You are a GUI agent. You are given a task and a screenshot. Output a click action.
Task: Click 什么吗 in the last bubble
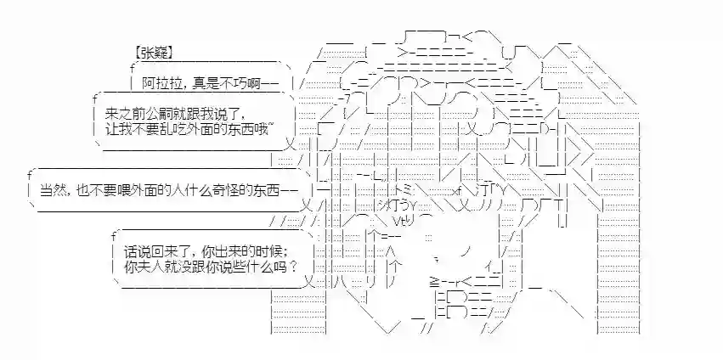click(262, 267)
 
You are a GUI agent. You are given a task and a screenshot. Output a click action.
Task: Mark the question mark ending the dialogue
click(292, 267)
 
